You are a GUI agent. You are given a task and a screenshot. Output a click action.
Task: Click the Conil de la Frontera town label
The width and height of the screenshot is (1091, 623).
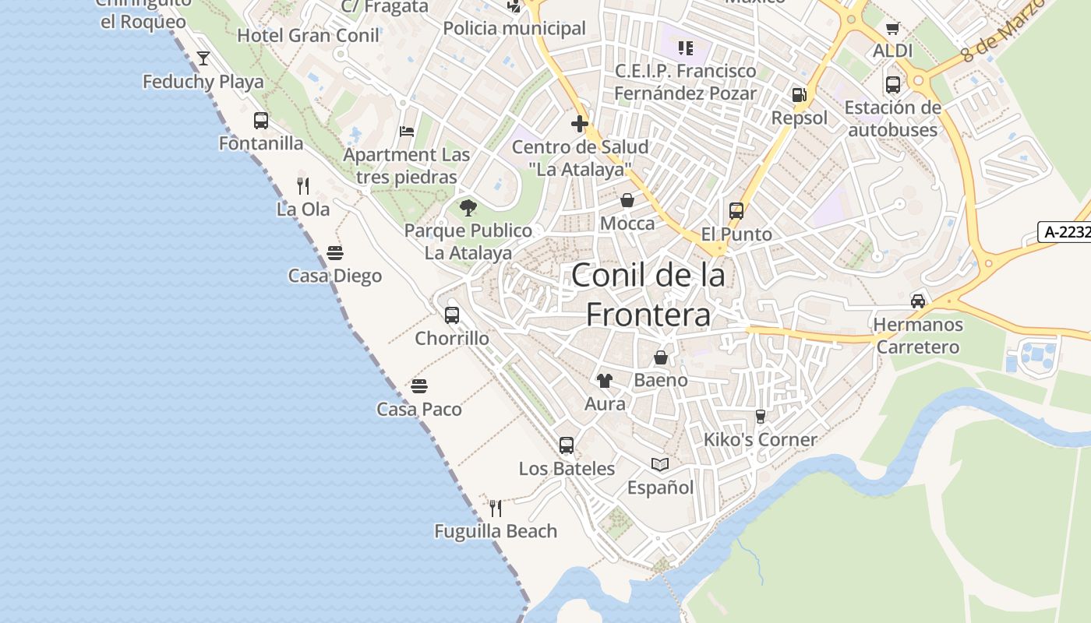(x=648, y=294)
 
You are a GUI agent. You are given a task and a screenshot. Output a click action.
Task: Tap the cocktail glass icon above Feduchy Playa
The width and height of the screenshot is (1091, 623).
(x=203, y=58)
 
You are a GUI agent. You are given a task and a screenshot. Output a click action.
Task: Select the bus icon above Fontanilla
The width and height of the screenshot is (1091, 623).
(x=261, y=121)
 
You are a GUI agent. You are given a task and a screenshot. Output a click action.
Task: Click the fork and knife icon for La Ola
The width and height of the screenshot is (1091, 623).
(x=303, y=185)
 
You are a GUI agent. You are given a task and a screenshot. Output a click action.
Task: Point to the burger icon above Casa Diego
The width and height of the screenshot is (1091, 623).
(x=335, y=252)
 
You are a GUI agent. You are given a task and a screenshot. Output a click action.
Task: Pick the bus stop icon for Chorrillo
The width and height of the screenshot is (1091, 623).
(x=452, y=315)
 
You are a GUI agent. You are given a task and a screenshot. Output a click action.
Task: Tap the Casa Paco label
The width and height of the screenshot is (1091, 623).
(x=419, y=409)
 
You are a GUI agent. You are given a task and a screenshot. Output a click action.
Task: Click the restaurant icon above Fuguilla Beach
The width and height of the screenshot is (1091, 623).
(x=496, y=509)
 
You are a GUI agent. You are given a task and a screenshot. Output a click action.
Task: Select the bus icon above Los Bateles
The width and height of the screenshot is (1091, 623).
(x=567, y=445)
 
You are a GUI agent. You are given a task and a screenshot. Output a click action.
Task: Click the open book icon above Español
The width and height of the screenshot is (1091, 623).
(x=660, y=465)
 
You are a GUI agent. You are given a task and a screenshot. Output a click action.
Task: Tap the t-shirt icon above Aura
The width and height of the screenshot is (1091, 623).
(x=605, y=380)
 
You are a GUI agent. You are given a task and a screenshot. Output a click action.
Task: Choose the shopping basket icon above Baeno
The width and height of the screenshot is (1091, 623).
(x=661, y=357)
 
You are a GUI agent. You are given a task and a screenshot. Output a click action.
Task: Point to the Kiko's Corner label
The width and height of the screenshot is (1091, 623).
(x=760, y=439)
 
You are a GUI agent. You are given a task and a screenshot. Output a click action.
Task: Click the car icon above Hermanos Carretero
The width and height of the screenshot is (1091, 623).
(x=918, y=301)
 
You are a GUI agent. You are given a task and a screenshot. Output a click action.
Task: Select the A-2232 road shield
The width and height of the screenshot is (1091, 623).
(x=1065, y=231)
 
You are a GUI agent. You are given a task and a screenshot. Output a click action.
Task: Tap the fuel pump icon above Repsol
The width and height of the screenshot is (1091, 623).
(x=799, y=95)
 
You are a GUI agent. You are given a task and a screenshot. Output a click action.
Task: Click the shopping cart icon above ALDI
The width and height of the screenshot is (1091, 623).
(x=893, y=28)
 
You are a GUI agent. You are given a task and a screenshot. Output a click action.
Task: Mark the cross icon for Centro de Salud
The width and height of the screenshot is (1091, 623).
(x=580, y=123)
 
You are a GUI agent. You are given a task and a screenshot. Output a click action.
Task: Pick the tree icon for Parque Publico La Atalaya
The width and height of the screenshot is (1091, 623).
(x=468, y=207)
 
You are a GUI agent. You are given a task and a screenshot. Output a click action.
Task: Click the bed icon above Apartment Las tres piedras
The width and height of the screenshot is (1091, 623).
(x=407, y=131)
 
